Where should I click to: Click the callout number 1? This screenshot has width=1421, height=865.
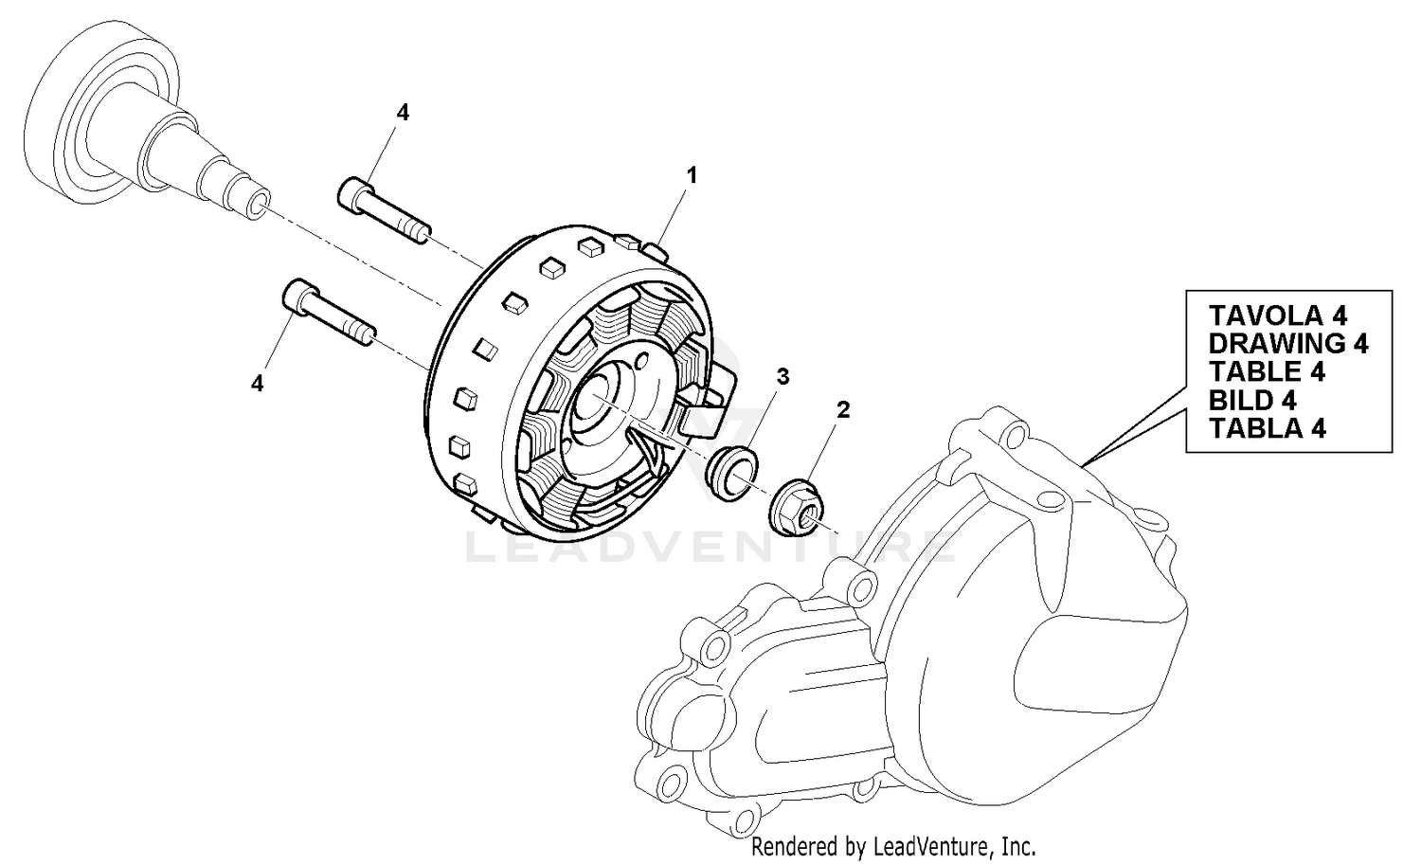coord(692,175)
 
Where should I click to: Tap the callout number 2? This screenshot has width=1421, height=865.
coord(842,409)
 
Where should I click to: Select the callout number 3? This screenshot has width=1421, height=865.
coord(782,376)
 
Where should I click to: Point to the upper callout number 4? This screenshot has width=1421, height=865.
coord(403,113)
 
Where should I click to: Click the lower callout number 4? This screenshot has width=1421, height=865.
coord(257,383)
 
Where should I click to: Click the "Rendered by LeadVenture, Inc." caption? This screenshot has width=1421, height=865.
coord(893,845)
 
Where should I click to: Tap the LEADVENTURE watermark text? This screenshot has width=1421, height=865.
coord(710,547)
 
